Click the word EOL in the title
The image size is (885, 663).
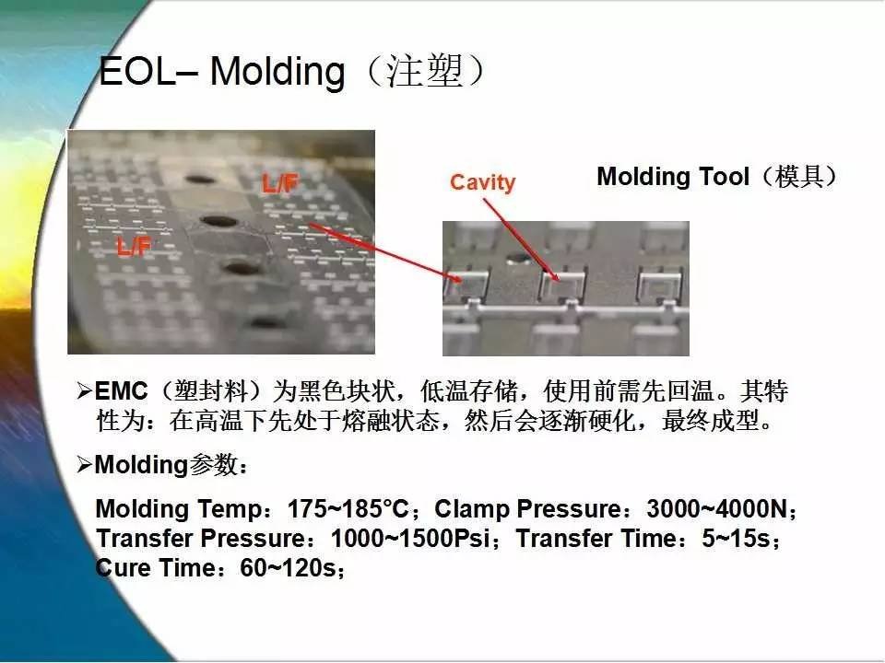coord(137,72)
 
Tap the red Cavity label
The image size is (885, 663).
coord(482,182)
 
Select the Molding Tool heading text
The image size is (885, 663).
coord(672,177)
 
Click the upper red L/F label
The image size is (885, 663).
coord(279,183)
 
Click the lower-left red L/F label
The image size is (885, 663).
coord(134,246)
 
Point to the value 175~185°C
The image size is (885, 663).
coord(348,508)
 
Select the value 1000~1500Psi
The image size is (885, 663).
coord(409,538)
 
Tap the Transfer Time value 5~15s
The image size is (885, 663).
coord(736,538)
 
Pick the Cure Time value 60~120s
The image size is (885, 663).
coord(288,567)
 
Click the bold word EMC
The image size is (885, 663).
coord(121,391)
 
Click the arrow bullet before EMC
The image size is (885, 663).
coord(84,390)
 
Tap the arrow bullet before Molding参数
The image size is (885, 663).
coord(84,464)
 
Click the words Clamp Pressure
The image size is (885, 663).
coord(527,509)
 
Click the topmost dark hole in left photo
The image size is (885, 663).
coord(200,180)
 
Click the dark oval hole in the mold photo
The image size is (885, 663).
coord(517,259)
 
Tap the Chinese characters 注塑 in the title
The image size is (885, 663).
coord(425,72)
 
